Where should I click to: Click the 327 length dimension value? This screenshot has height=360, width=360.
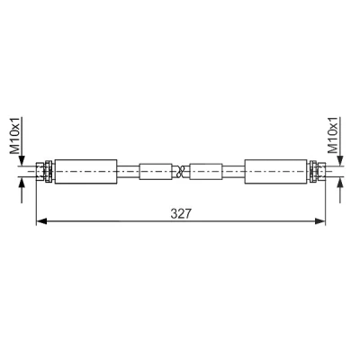[181, 213]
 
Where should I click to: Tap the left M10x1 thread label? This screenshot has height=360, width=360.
[15, 136]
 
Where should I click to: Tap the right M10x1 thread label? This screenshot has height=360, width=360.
[333, 135]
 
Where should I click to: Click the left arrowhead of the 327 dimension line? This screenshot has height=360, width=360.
[41, 221]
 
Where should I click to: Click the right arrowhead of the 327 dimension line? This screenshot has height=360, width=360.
[319, 221]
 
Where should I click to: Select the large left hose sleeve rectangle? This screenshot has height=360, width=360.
[85, 172]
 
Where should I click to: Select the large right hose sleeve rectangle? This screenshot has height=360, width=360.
[276, 172]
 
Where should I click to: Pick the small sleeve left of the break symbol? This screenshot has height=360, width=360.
[156, 172]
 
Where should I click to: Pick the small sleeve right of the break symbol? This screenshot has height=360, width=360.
[206, 172]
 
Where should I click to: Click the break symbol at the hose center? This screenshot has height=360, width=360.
[181, 172]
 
